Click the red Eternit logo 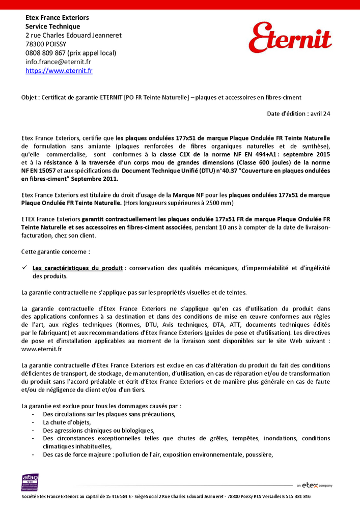click(290, 38)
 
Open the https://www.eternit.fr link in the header click(59, 71)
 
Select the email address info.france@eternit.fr click(58, 62)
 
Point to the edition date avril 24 click(319, 114)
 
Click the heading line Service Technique click(53, 26)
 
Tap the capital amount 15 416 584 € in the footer click(113, 496)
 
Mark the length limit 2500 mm click(219, 204)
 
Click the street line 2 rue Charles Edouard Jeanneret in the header click(73, 35)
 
